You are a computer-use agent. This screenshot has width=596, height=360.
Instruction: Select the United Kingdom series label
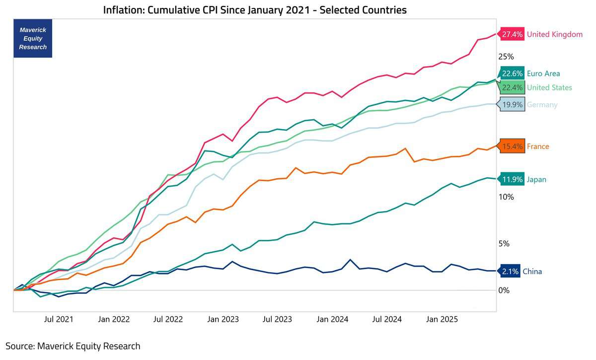[554, 34]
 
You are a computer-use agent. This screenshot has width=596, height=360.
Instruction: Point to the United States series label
[549, 87]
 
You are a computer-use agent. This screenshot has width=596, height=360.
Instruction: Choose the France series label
[538, 146]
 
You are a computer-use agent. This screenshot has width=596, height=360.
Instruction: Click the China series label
[532, 272]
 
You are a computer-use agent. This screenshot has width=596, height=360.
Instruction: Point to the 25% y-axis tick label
[506, 57]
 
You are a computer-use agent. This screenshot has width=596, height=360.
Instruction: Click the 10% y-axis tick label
[506, 197]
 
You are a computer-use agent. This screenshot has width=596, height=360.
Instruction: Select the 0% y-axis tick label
[504, 290]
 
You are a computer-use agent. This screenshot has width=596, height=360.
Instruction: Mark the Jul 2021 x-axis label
[59, 319]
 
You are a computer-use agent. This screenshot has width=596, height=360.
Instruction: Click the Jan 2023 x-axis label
[223, 319]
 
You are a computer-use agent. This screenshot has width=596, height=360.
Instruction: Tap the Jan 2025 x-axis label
[442, 319]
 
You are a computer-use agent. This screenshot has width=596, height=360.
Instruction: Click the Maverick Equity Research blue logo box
[33, 38]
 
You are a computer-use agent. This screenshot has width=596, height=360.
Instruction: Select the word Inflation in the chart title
[124, 10]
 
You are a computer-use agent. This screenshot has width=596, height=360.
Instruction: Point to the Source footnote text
[73, 346]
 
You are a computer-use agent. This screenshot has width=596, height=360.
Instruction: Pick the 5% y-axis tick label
[504, 243]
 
